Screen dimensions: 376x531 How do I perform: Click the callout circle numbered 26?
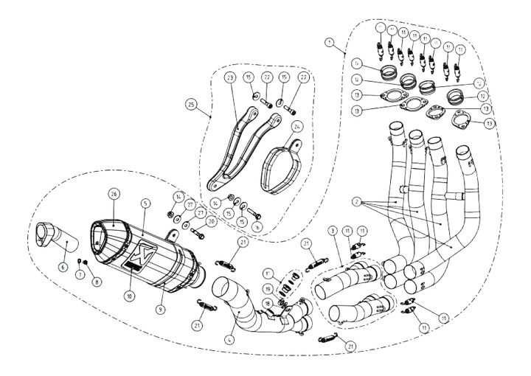coord(114,194)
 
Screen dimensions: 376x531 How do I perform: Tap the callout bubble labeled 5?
coord(146,201)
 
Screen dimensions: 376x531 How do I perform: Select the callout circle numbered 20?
coord(212,220)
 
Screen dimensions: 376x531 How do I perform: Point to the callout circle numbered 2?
coord(355,201)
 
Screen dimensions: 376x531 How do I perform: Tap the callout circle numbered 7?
coord(80,275)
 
